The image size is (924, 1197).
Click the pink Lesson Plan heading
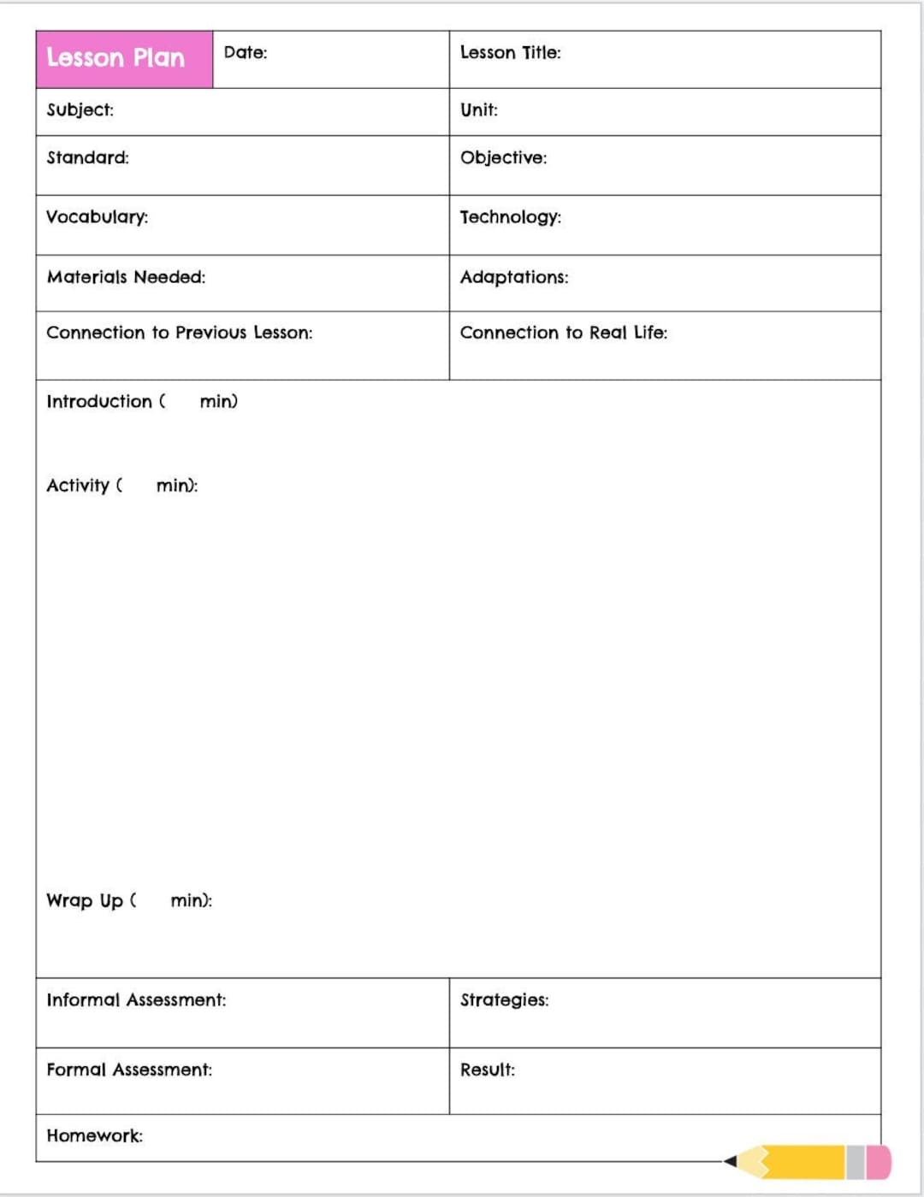point(115,58)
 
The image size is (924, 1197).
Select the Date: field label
point(246,52)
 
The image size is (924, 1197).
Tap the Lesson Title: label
point(510,52)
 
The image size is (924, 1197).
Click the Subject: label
point(80,109)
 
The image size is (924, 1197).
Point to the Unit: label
point(478,109)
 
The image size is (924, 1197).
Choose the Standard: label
point(87,157)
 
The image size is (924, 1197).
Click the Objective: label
point(503,157)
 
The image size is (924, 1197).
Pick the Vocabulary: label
point(97,217)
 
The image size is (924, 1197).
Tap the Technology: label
point(510,217)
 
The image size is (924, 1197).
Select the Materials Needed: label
point(126,277)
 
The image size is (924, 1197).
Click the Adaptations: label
point(513,277)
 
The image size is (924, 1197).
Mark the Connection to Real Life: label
point(563,333)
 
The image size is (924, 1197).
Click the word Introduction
point(99,401)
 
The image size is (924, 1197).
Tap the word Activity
point(78,486)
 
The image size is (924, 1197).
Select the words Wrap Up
point(85,900)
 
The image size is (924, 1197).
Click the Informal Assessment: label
point(136,999)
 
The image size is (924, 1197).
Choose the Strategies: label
point(504,999)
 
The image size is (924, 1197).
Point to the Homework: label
point(94,1135)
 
